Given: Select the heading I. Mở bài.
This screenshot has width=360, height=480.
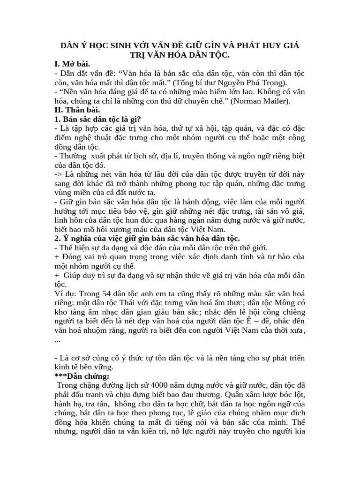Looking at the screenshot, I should pos(73,64).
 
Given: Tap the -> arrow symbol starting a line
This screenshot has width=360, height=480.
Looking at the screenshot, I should pos(60,174).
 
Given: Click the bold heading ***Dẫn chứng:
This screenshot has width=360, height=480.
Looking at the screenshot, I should pos(82,376).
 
